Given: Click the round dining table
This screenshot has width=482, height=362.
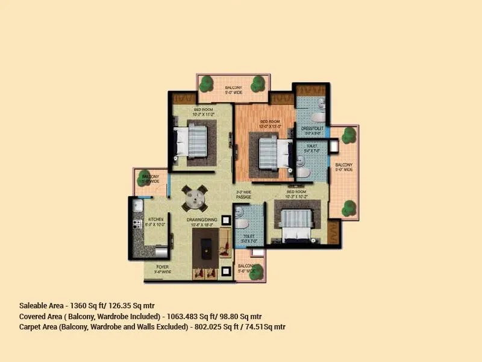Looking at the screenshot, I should click(195, 197).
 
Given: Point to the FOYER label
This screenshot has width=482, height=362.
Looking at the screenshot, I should click(163, 266).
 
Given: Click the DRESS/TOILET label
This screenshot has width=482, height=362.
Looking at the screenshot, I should click(313, 129).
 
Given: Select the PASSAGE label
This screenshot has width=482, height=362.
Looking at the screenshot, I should click(243, 197).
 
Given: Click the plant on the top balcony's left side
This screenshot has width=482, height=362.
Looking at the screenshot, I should click(206, 83).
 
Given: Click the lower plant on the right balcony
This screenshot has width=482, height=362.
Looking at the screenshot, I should click(348, 208).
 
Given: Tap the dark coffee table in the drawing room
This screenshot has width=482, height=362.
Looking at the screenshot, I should click(205, 246).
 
